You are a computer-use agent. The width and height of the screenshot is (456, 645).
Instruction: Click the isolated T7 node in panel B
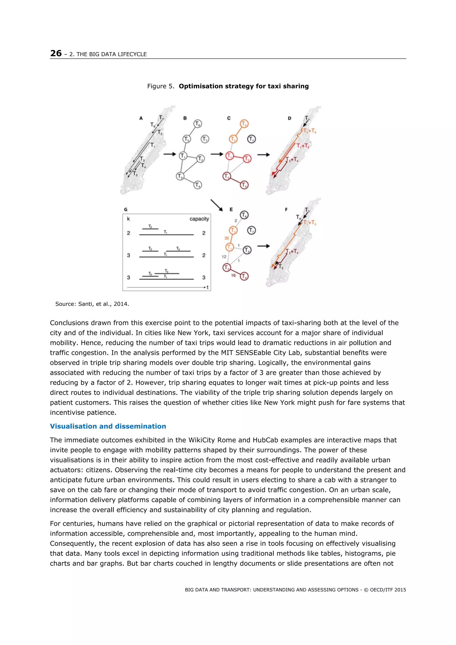[x=205, y=139]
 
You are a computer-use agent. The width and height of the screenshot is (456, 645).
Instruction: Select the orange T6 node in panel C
[x=244, y=124]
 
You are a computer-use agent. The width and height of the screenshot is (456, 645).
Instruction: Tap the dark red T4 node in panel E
[x=244, y=276]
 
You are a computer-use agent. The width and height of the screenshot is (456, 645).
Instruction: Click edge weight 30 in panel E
[x=227, y=238]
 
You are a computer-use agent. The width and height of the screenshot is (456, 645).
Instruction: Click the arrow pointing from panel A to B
[x=169, y=154]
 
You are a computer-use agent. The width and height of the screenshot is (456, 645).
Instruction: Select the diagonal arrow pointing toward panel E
[x=217, y=205]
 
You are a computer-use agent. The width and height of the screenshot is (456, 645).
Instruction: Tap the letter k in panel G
[x=128, y=219]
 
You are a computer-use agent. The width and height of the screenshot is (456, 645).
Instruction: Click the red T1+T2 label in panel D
[x=303, y=146]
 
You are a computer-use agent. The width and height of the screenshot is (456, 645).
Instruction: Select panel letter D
[x=289, y=118]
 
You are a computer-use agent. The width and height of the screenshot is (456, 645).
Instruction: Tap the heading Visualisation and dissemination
[x=108, y=426]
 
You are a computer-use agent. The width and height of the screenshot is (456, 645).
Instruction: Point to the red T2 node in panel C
[x=247, y=159]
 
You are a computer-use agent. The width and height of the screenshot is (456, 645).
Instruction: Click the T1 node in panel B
[x=183, y=155]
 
